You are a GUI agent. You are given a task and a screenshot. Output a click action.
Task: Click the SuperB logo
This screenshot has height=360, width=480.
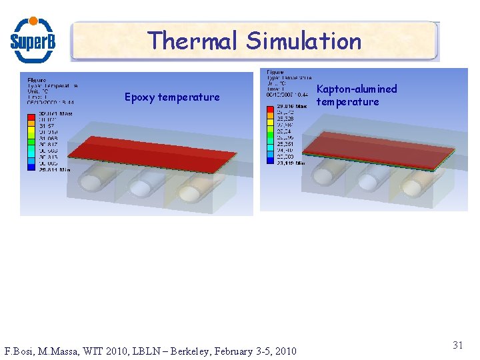pyautogui.click(x=33, y=39)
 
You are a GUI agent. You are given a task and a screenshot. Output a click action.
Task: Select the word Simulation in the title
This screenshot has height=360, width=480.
pyautogui.click(x=304, y=41)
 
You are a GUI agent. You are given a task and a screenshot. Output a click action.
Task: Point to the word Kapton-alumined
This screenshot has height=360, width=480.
pyautogui.click(x=356, y=89)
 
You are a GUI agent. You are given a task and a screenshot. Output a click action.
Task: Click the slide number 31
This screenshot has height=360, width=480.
pyautogui.click(x=458, y=345)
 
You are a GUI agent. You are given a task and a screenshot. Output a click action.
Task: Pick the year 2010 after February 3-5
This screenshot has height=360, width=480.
pyautogui.click(x=284, y=351)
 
